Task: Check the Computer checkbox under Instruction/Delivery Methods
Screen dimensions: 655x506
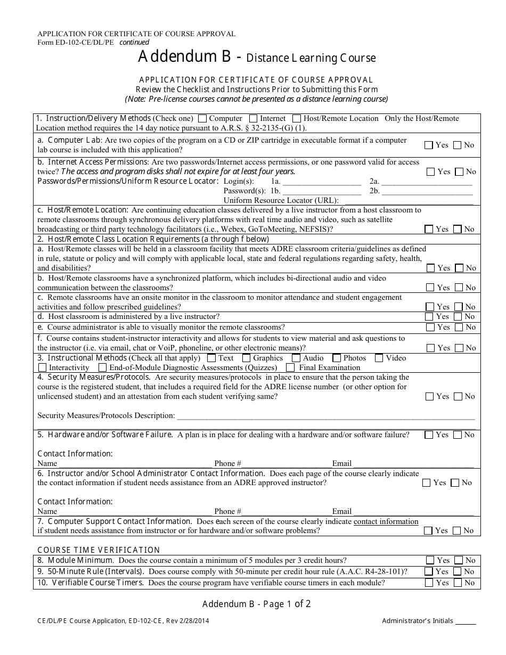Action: coord(202,118)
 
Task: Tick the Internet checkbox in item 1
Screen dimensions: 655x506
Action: coord(254,118)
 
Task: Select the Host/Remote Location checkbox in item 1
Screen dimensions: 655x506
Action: coord(297,118)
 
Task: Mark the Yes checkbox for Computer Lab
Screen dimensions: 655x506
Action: coord(429,145)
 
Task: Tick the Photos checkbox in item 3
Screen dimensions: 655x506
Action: coord(337,358)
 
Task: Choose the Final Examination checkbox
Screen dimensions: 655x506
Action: coord(290,367)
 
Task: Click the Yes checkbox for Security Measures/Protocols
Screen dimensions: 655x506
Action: coord(429,396)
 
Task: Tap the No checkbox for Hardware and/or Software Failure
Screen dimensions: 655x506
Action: coord(457,435)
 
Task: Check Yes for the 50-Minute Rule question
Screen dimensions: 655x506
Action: coord(429,571)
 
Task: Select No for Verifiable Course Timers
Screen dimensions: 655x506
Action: coord(458,583)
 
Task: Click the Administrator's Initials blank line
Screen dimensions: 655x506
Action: coord(466,622)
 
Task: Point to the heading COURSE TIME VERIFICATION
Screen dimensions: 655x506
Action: coord(99,550)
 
